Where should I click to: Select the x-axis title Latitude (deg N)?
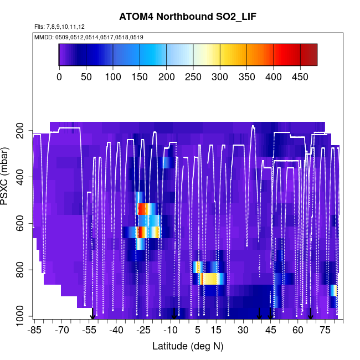188,346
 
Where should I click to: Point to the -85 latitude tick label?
34,330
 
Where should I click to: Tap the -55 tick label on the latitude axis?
89,330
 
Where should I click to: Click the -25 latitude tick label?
143,330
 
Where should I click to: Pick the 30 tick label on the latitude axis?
243,330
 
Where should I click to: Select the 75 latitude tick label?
325,330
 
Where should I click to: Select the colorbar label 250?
193,77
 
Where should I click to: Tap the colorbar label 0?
59,77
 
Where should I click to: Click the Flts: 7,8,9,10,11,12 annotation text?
59,27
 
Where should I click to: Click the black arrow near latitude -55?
93,315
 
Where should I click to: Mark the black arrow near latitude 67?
310,313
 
